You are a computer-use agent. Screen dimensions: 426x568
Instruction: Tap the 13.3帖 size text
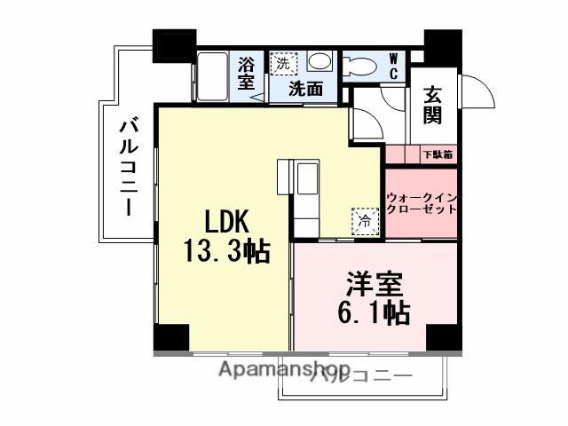pyautogui.click(x=227, y=252)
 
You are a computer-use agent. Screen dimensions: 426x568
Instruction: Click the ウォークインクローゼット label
pyautogui.click(x=422, y=203)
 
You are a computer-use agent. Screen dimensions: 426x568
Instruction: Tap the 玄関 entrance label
pyautogui.click(x=432, y=105)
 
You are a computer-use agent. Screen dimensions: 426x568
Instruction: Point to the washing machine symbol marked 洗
pyautogui.click(x=282, y=63)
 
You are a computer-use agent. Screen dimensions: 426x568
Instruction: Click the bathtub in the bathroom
pyautogui.click(x=214, y=75)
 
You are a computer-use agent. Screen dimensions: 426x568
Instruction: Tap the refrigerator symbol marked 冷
pyautogui.click(x=364, y=218)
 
